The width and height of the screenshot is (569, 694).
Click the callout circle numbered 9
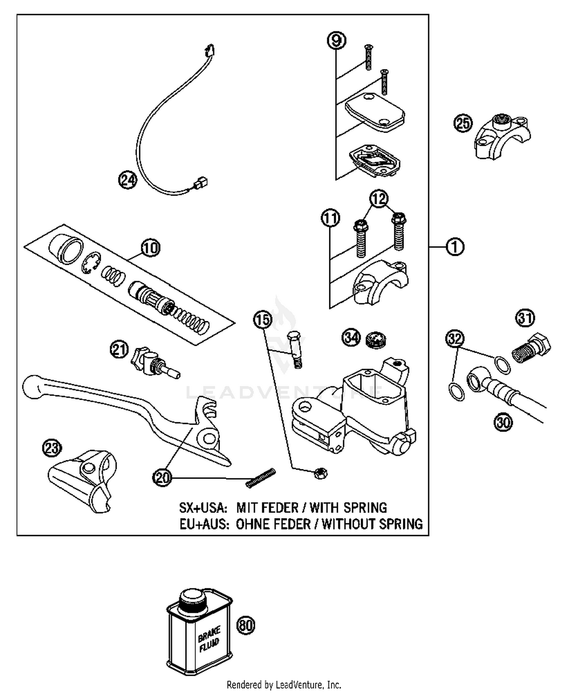point(336,41)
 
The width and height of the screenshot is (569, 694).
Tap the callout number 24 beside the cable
point(127,179)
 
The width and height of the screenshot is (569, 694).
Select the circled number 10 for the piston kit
point(151,248)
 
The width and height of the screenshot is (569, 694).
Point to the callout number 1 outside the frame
point(455,247)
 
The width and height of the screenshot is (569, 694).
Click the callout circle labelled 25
point(463,124)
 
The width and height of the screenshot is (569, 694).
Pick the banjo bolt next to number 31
point(531,347)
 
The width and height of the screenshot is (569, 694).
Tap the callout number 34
point(351,337)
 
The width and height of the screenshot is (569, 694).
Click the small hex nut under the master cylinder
point(321,473)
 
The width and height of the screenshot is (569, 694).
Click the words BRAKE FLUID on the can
point(209,639)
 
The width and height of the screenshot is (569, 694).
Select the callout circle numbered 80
point(246,625)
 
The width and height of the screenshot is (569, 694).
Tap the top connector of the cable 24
point(209,50)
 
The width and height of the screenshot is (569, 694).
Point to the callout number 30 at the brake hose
point(503,422)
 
